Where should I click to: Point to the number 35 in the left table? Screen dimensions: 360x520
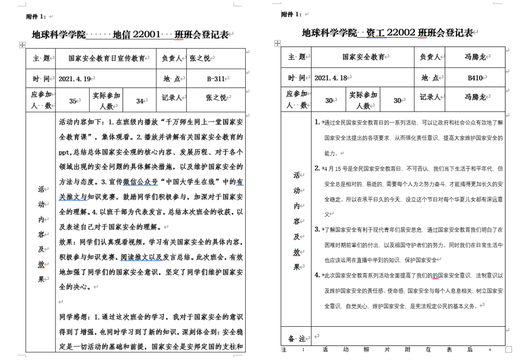click(x=73, y=101)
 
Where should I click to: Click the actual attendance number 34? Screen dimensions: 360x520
click(x=139, y=101)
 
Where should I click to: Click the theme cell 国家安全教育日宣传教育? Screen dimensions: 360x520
click(x=106, y=59)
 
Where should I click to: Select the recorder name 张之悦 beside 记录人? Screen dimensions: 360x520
click(x=216, y=98)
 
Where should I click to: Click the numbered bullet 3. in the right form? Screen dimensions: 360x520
click(x=317, y=230)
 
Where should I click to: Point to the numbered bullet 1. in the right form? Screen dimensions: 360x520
click(x=317, y=122)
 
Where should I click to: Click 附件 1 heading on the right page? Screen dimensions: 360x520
click(x=291, y=15)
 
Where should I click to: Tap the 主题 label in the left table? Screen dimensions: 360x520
click(x=41, y=59)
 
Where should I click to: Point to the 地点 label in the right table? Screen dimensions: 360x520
click(x=430, y=78)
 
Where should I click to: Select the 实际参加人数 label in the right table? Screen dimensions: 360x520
click(x=363, y=100)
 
